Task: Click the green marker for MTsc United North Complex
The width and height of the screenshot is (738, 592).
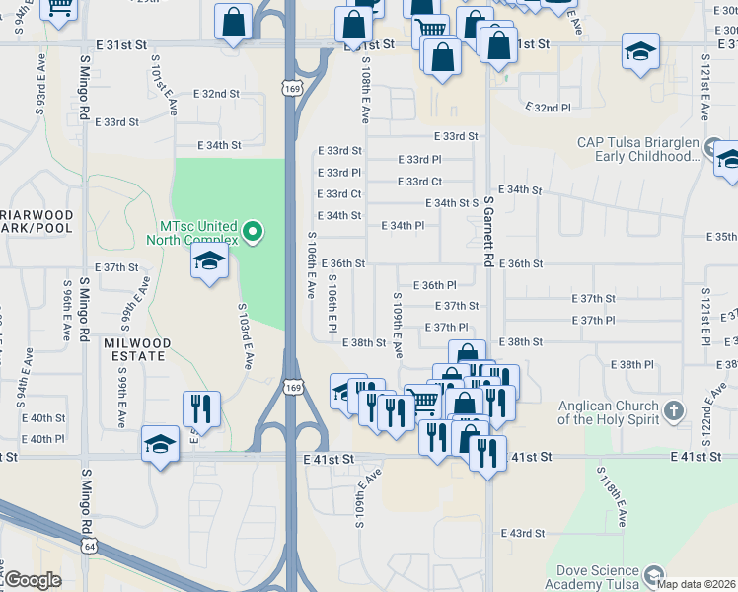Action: click(253, 233)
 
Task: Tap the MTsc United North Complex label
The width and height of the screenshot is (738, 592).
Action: click(192, 233)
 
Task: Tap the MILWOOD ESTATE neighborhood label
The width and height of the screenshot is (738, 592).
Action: click(137, 350)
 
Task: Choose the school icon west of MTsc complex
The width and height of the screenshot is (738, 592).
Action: click(209, 261)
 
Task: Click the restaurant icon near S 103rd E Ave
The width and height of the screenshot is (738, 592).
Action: click(201, 409)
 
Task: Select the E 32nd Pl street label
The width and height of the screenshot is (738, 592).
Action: click(548, 107)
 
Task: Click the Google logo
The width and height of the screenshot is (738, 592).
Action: click(33, 580)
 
